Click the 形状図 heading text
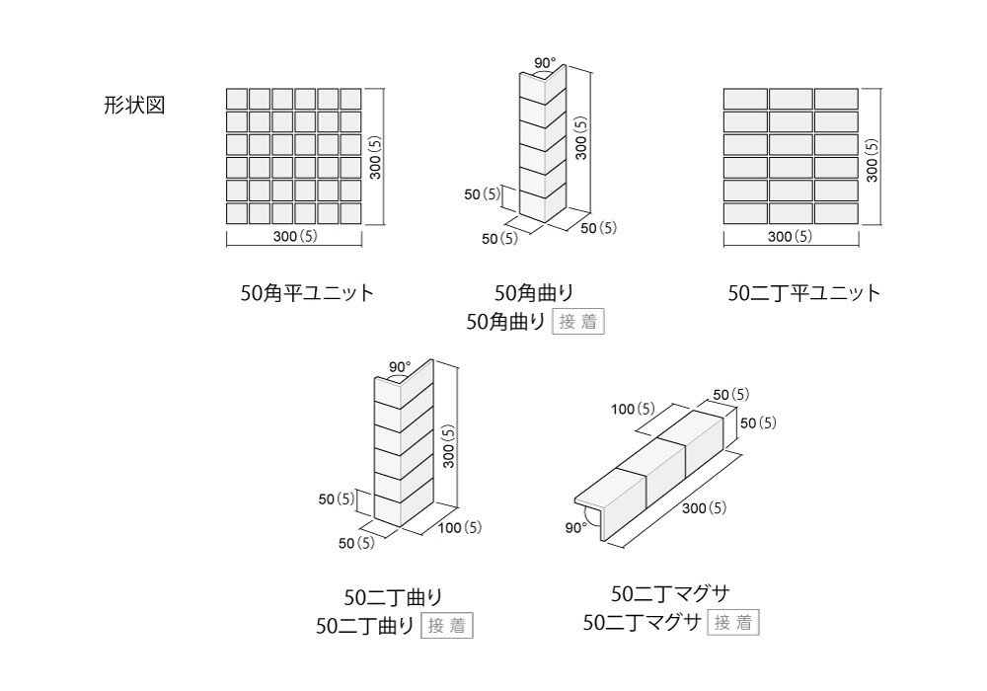point(134,106)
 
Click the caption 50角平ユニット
point(308,293)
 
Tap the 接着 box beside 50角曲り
point(578,322)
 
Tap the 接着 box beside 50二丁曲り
point(447,626)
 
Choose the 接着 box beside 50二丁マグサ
point(733,623)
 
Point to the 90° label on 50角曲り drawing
point(545,64)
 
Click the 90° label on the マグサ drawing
point(576,528)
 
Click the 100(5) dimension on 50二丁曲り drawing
point(460,528)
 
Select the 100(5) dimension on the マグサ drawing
point(633,409)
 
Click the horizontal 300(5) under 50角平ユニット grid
point(295,237)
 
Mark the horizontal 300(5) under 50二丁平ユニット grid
point(790,237)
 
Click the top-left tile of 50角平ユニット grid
point(237,99)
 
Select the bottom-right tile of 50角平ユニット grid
point(351,212)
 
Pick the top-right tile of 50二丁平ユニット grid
point(836,99)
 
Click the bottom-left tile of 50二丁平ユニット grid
point(745,212)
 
